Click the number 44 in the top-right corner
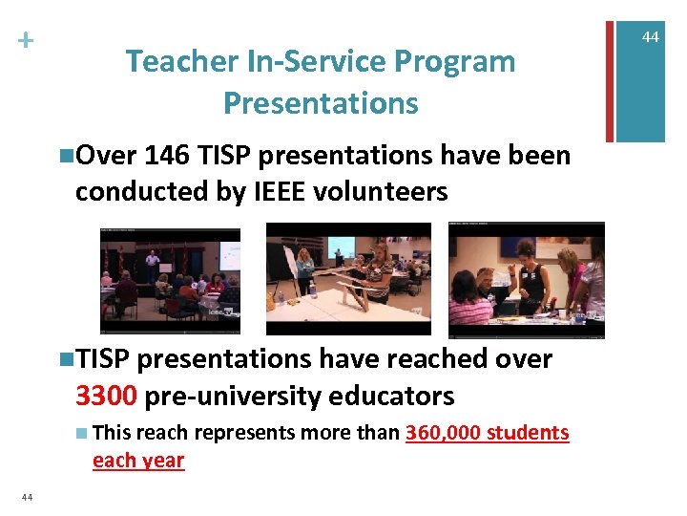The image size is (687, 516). tap(650, 36)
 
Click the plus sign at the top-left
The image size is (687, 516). tap(24, 40)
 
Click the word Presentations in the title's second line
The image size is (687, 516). tap(321, 102)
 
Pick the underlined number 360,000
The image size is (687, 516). tap(443, 433)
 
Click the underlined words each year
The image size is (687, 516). tap(137, 460)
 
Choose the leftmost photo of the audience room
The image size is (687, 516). tap(170, 280)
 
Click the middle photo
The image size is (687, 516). tap(348, 278)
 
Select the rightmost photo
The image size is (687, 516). tap(526, 279)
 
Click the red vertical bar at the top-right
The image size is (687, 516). tap(610, 72)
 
